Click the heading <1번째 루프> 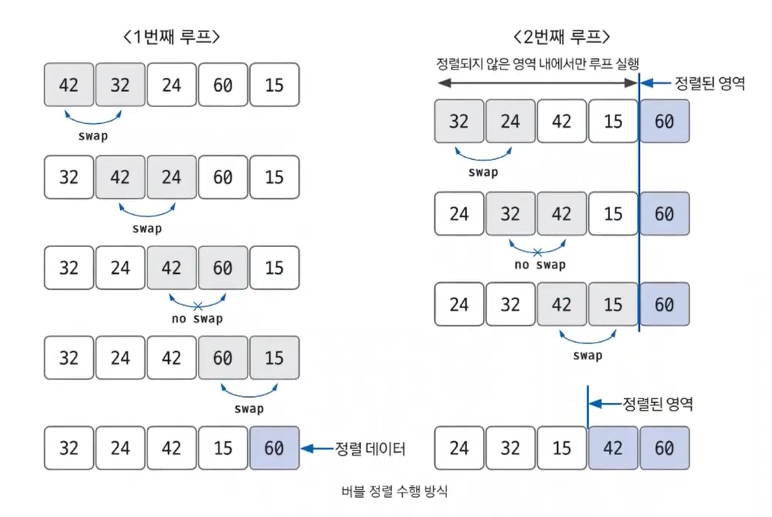pos(171,37)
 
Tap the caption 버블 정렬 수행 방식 pos(394,492)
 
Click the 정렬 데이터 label pos(370,448)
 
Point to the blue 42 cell pos(613,447)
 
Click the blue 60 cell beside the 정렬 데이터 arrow pos(274,448)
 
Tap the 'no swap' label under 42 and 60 pos(197,319)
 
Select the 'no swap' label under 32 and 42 pos(540,265)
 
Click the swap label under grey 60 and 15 pos(248,408)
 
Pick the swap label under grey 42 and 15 pos(587,355)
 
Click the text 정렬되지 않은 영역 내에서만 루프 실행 pos(537,63)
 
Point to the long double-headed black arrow pos(535,83)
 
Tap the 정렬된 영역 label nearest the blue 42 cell pos(657,402)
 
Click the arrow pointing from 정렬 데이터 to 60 pos(316,448)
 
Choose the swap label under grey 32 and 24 pos(483,172)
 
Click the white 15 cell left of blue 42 pos(562,447)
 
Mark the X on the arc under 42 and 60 pos(197,306)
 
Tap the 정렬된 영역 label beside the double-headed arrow pos(709,83)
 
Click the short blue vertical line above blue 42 pos(588,405)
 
